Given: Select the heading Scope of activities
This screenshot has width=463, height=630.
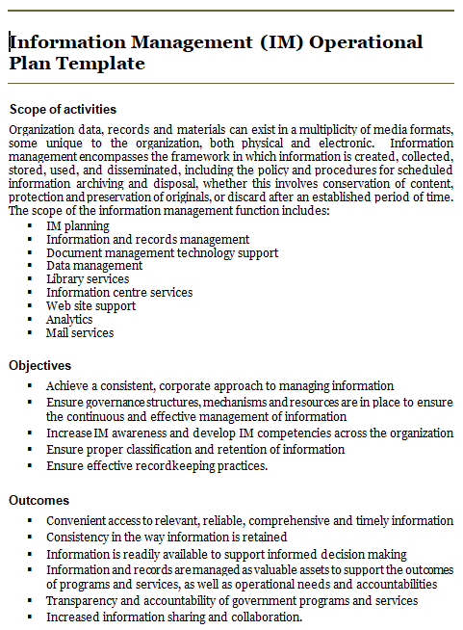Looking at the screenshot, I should tap(63, 109).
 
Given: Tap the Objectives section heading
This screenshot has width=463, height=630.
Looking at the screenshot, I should tap(39, 365).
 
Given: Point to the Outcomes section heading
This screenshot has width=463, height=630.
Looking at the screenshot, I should tap(39, 500).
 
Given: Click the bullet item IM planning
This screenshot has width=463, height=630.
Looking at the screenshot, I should tap(78, 225).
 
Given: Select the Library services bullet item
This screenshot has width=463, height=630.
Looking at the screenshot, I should tap(88, 279).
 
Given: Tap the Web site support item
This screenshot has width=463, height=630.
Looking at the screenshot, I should tap(90, 306).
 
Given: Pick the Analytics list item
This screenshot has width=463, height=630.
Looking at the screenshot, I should tap(69, 320).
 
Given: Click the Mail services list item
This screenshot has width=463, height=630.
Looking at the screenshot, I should tap(80, 333).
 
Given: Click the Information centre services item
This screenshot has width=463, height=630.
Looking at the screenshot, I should tap(119, 293).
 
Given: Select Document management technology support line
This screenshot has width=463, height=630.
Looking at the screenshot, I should tap(162, 252).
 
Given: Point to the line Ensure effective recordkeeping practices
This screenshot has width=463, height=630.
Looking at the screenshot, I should tap(157, 466).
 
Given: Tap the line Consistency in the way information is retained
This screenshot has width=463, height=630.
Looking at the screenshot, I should tap(167, 537).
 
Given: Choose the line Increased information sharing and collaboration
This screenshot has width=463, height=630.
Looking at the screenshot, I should tap(174, 617).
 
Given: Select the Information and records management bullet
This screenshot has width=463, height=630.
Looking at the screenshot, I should tap(147, 239).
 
